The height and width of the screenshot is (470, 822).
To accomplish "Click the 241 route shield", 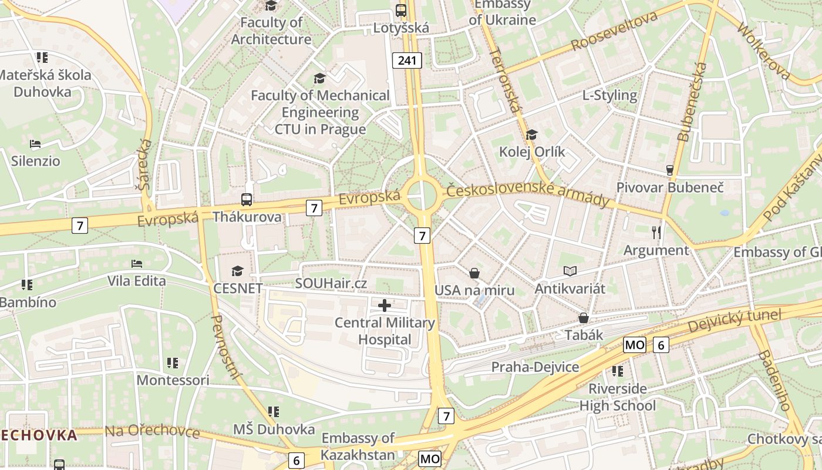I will point(407,61).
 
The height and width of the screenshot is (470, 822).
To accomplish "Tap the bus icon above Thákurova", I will point(247,200).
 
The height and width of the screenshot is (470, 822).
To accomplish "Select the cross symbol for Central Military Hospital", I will point(385,305).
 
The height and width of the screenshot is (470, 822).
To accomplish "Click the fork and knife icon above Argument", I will point(656,233).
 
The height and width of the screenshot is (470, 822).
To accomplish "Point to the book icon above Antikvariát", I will point(570,271).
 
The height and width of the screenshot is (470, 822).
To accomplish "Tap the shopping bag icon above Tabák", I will point(584,318).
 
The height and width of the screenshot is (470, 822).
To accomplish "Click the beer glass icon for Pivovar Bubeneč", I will point(669,170).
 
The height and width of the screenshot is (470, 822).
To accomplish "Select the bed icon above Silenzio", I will point(35,144).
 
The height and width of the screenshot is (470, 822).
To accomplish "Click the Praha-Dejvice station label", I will point(535,367).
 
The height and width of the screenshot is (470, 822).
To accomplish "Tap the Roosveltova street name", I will point(614,31).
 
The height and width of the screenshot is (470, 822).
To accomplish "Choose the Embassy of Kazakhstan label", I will point(358,446).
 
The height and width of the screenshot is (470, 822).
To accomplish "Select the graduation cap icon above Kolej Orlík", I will point(532,135).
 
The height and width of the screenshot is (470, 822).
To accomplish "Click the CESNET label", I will point(238,288).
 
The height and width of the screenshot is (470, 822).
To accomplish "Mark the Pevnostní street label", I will point(224,347).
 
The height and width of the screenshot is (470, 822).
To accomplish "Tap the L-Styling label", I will point(609,95).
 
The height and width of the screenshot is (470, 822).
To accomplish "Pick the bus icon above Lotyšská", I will point(401,10).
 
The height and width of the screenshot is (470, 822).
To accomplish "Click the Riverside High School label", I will point(618,397).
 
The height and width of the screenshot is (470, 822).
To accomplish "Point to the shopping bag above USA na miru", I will point(474,273).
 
